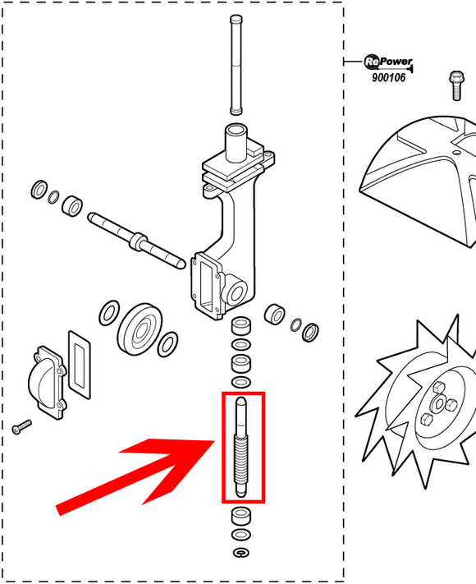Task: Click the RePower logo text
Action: point(388,62)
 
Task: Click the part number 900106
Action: point(388,77)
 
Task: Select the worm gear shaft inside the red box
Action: point(241,447)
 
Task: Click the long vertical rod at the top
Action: point(236,65)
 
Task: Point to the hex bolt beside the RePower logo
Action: point(456,85)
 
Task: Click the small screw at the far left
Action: point(21,426)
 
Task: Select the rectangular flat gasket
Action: point(80,365)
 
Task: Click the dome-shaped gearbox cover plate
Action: point(48,382)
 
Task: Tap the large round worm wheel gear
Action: point(140,329)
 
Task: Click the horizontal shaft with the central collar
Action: point(136,240)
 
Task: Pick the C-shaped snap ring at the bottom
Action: point(241,553)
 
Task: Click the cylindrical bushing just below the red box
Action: point(241,516)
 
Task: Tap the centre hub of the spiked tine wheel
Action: point(440,404)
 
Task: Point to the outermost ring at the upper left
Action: point(39,190)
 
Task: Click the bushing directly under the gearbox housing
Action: point(241,325)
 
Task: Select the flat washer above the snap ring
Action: point(241,535)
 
